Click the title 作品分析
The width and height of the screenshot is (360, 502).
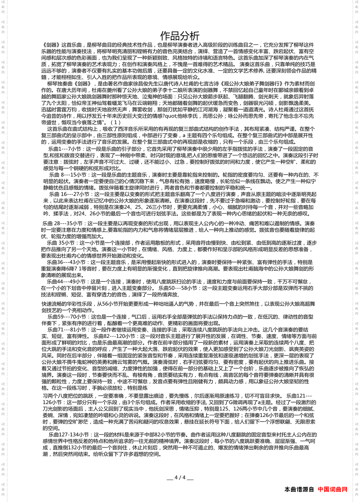pos(180,36)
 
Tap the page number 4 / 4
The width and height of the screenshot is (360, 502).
pos(180,478)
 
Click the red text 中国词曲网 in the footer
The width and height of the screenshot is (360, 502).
pos(333,489)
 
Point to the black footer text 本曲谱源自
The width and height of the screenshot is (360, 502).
pos(299,489)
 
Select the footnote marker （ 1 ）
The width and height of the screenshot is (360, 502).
pos(115,123)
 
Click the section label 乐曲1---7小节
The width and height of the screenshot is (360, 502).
pos(65,149)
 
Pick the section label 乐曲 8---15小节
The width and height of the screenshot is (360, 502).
pos(68,175)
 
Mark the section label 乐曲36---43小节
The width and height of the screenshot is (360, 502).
pos(66,262)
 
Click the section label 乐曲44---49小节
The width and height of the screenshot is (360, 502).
pos(66,282)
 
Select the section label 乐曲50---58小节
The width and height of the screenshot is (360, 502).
pos(178,288)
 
